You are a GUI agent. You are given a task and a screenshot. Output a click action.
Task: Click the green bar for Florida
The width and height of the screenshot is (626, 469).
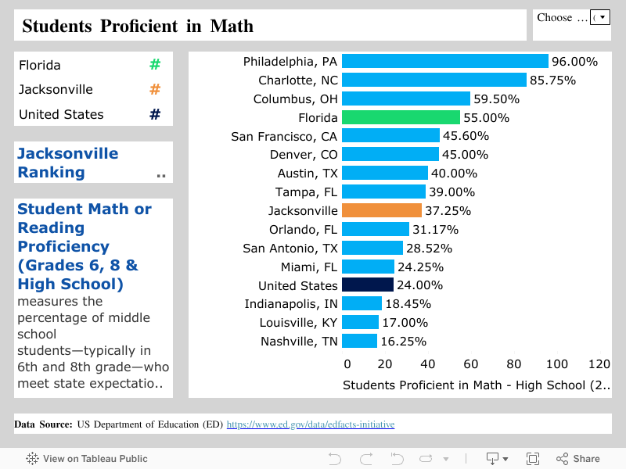coord(401,117)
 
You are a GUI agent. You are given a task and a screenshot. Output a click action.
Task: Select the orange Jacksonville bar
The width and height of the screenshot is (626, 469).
coord(382,210)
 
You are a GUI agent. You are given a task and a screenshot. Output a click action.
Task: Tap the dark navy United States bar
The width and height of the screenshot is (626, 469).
coord(368,285)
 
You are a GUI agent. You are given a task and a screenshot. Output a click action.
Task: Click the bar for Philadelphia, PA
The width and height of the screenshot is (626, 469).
coord(444,61)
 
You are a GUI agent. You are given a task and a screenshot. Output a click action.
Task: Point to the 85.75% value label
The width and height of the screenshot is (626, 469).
coord(552,80)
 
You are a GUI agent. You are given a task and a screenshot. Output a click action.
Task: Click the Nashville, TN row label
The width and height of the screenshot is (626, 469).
coord(299,341)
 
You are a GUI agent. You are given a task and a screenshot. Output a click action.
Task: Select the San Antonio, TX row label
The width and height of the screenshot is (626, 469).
coord(290,248)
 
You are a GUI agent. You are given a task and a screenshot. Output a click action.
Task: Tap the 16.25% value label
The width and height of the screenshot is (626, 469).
coord(403,341)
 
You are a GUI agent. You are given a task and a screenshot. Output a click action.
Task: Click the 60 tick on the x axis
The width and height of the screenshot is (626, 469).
coord(471,363)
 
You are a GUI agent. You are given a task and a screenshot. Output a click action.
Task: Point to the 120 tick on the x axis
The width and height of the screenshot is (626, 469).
coord(599,363)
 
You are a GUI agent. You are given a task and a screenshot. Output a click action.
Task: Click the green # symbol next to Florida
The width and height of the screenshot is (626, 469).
coord(155,65)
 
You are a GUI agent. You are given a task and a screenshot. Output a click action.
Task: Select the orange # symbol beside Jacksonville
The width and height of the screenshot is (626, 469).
coord(155,90)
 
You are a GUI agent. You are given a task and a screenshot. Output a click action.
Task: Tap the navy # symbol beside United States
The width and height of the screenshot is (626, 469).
coord(155,114)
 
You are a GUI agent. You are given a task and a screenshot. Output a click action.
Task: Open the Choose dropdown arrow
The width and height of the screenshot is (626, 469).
coord(600,17)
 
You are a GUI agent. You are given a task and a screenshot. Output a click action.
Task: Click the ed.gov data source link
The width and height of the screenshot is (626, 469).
coord(311,424)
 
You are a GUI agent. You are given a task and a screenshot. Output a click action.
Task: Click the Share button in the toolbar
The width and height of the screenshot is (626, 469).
coord(578,459)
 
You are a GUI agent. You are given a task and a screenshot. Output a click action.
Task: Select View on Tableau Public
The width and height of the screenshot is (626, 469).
coord(87,459)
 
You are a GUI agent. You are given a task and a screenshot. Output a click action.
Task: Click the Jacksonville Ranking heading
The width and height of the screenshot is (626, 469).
coord(68,163)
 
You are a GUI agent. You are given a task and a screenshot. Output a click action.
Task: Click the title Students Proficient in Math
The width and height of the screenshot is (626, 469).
coord(138,26)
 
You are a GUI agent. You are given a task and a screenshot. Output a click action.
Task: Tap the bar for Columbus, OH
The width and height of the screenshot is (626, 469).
coord(405,98)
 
